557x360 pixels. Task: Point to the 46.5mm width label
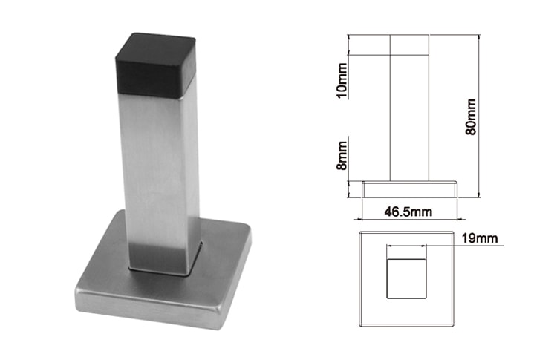tap(408, 212)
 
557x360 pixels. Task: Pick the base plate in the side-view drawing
tap(408, 189)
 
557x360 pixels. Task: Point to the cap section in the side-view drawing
tap(408, 44)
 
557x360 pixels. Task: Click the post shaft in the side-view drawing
tap(408, 119)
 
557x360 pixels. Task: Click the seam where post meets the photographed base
tap(160, 270)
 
